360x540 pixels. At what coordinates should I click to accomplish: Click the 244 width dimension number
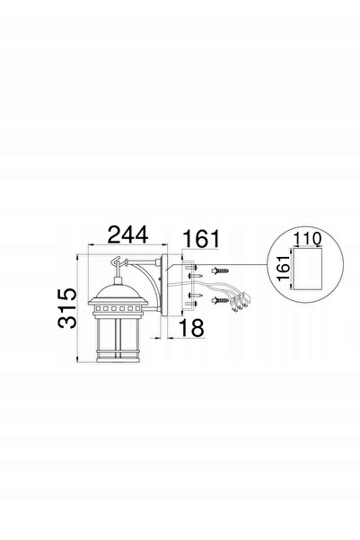point(128,235)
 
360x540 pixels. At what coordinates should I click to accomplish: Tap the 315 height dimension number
point(67,308)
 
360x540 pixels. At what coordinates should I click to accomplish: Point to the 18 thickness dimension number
point(191,328)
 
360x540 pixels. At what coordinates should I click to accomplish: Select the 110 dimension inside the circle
point(308,239)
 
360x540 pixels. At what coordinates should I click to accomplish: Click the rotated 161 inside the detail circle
point(284,269)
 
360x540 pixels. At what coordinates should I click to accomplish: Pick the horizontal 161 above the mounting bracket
point(201,238)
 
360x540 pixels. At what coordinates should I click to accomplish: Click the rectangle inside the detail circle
point(307,269)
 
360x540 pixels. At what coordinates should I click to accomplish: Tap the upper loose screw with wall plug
point(220,270)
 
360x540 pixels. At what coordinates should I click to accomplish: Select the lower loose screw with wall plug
point(220,300)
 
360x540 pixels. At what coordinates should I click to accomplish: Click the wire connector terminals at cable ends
point(241,302)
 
